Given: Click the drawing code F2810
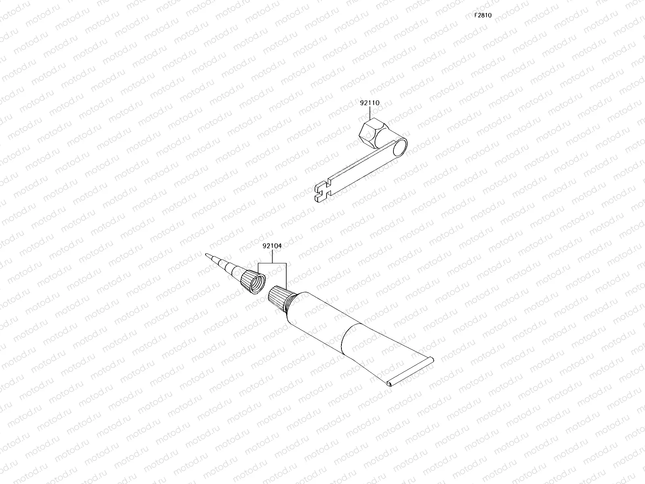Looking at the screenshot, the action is coord(483,15).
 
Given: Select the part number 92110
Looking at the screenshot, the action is coord(369,103).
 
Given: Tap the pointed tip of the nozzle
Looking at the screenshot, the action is coord(208,256).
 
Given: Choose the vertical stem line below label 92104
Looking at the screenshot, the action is coord(272,256).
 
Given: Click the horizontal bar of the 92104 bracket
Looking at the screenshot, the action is coord(272,263).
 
